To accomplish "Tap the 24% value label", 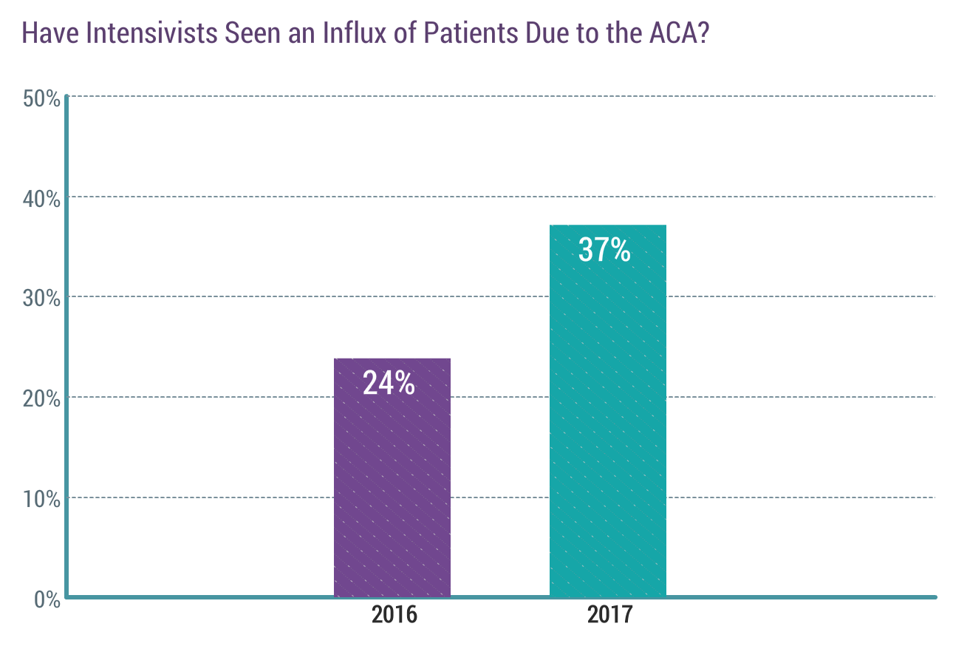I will (x=389, y=383).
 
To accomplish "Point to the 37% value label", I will (x=604, y=250).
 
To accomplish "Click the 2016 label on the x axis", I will (x=394, y=615).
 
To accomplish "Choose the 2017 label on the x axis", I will (x=610, y=615).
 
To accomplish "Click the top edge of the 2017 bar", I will (x=608, y=225).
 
